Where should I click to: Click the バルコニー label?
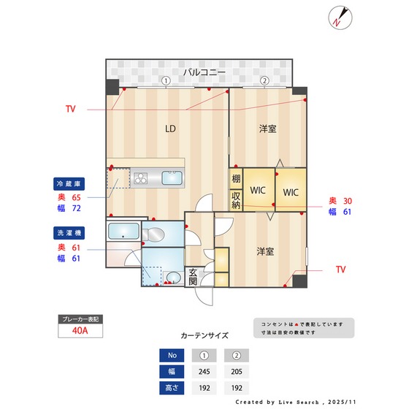tap(204, 72)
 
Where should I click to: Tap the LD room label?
tap(170, 129)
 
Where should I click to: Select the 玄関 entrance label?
tap(193, 278)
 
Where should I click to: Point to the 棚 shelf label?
tap(236, 179)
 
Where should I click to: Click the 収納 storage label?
tap(236, 199)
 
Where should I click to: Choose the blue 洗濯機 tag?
tap(70, 233)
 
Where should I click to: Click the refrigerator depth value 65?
tap(75, 197)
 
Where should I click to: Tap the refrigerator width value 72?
tap(75, 208)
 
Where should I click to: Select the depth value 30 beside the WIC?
tap(348, 201)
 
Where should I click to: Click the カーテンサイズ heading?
tap(204, 336)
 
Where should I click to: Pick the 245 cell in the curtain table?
tap(205, 371)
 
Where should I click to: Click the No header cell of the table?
tap(172, 356)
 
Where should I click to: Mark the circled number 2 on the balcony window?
tap(264, 80)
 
